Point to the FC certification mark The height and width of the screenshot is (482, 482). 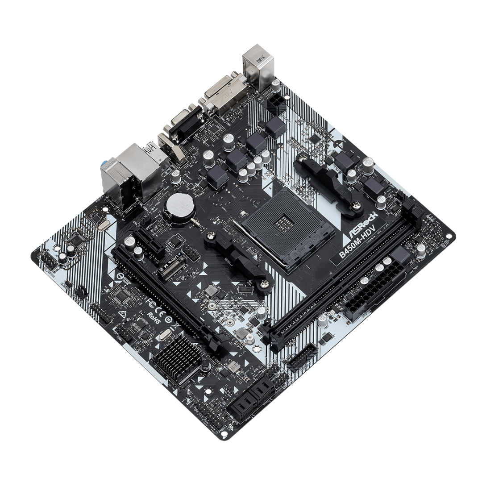[x=151, y=303]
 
